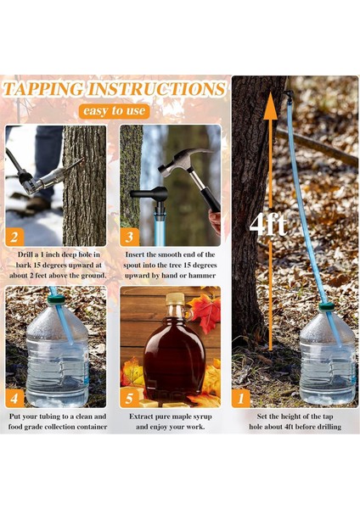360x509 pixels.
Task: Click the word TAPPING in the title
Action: (43, 89)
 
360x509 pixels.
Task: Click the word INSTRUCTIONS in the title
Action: (156, 89)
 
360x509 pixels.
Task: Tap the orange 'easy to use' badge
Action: (115, 111)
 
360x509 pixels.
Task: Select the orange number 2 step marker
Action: (14, 237)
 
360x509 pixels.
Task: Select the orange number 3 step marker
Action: (129, 237)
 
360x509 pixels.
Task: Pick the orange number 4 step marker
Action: (14, 399)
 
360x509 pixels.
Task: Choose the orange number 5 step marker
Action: (129, 399)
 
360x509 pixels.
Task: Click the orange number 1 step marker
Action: (241, 399)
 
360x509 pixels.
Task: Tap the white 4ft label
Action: (268, 225)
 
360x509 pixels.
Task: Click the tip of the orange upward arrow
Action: (270, 92)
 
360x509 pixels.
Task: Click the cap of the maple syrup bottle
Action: (175, 299)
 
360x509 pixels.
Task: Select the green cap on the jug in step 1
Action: (326, 306)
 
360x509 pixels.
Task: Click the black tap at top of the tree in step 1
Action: (288, 95)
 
